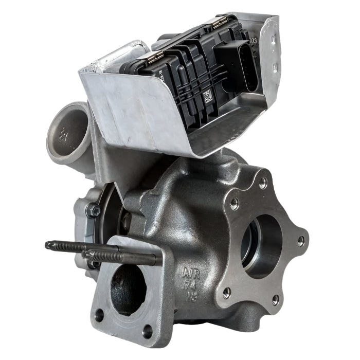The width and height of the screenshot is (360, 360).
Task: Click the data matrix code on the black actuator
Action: coord(208,96)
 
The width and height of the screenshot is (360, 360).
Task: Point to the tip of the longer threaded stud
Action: coord(48,245)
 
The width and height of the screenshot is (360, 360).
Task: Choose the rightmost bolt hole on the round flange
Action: coord(301,241)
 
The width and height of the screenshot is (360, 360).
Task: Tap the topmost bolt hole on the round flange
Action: coord(263,182)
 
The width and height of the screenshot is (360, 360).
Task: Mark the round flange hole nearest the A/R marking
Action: coord(227,293)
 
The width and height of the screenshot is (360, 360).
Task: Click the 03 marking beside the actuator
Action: coord(253,40)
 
